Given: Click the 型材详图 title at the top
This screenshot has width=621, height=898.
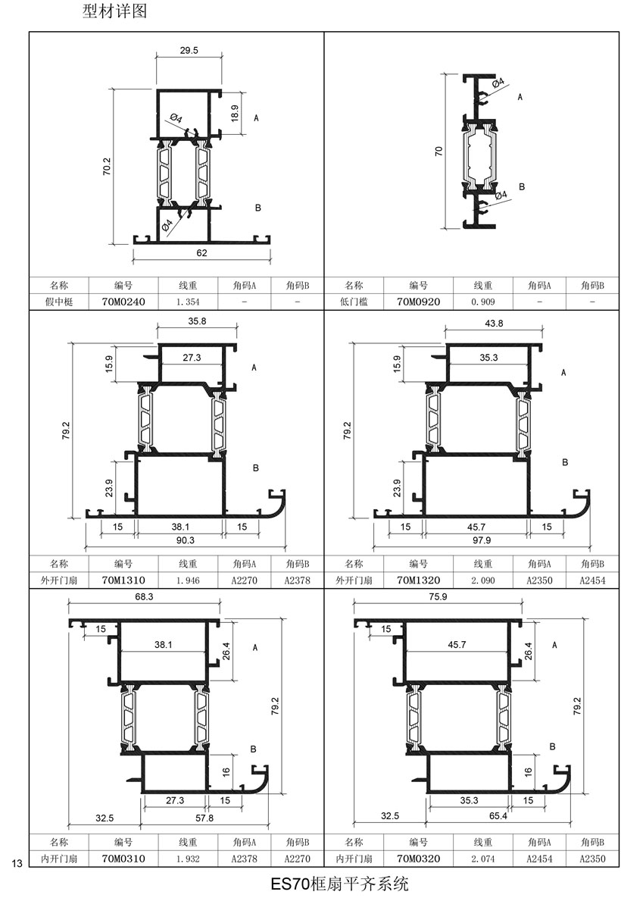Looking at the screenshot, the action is tap(114, 11).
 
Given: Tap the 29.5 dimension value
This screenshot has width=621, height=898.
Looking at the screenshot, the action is tap(189, 51).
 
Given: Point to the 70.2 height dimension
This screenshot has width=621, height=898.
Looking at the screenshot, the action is tap(107, 166).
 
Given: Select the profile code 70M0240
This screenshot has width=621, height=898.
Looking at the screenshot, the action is tap(123, 302).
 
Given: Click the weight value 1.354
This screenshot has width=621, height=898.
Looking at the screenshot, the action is tap(188, 302).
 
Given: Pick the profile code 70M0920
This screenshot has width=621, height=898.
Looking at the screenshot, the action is tap(418, 302).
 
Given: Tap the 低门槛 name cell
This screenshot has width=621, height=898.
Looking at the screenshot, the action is tap(354, 302).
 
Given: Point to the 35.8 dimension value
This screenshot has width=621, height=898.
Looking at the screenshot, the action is tap(197, 321).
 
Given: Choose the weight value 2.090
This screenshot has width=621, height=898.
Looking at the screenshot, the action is tap(483, 580).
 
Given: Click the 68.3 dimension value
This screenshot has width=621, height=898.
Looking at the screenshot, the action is tap(144, 596).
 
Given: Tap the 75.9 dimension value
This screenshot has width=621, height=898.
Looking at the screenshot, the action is tap(438, 596).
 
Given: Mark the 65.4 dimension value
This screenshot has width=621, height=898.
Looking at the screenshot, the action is tap(498, 815).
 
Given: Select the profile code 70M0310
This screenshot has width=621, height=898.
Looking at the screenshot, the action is tap(123, 859).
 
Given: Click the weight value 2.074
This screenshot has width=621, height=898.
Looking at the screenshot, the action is tap(483, 859).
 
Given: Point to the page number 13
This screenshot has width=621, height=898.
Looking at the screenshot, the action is tap(17, 863).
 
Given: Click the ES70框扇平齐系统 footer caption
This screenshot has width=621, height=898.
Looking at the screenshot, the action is tap(339, 884).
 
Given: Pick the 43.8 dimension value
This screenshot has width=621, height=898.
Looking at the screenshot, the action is tap(494, 324).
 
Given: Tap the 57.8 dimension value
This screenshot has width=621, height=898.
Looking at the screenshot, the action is tap(204, 818).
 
